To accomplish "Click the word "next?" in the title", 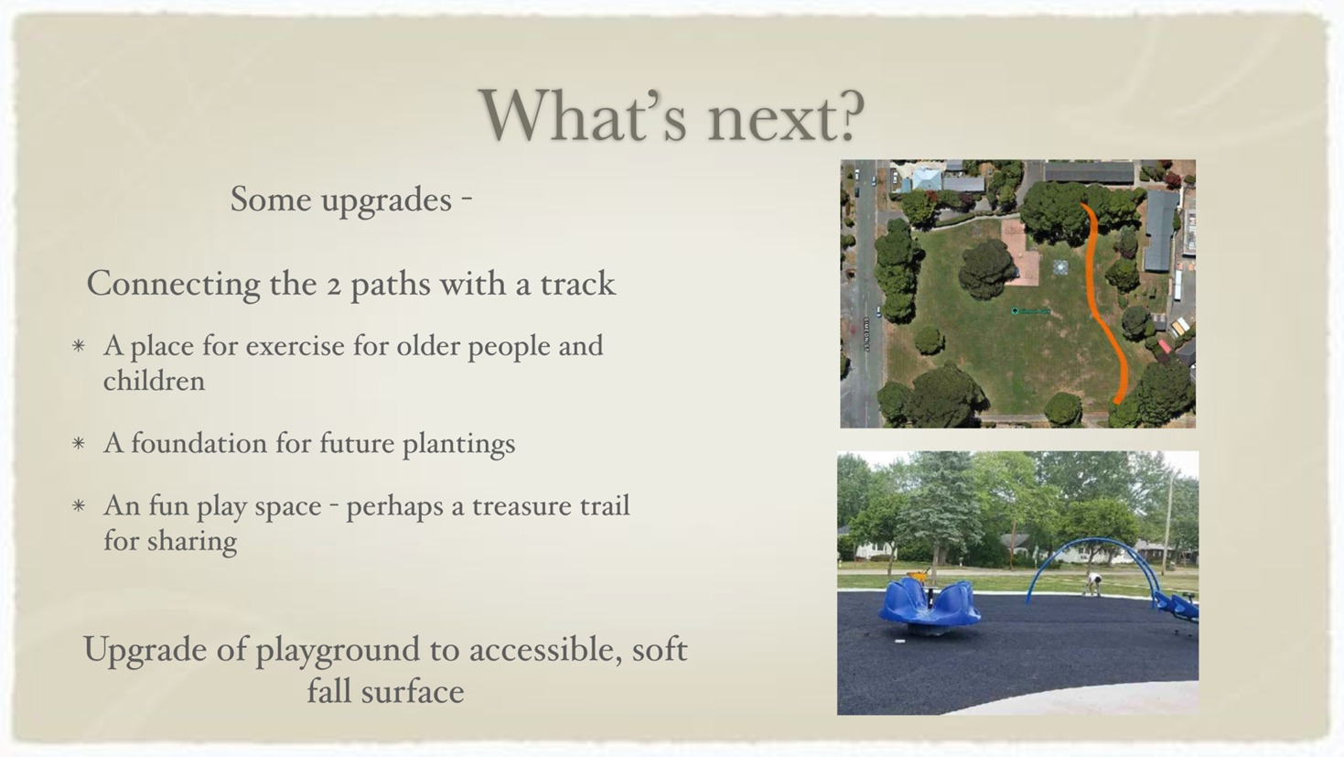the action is coord(786,116).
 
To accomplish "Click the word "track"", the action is coord(578,284).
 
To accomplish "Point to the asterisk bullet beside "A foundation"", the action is coord(78,444).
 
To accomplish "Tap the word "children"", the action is coord(155,381).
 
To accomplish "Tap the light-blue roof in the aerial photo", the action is coord(927,179).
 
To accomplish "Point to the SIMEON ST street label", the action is coord(866,334).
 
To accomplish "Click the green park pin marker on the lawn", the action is coord(1015,311).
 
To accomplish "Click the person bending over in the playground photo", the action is coord(1093,583).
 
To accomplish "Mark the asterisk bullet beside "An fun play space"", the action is coord(78,506).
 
